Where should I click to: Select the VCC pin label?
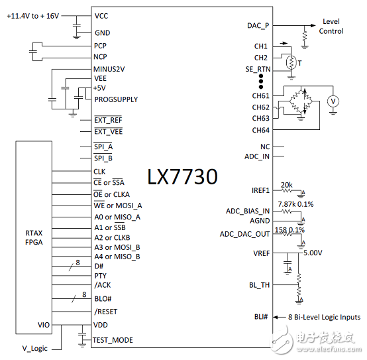(x=102, y=15)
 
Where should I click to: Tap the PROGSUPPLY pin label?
(x=116, y=99)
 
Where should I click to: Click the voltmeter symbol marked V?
(x=334, y=101)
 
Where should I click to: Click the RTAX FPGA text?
(x=34, y=237)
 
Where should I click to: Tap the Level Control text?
(x=331, y=26)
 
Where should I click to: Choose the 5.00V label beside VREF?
(x=312, y=253)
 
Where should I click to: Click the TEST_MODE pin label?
(x=113, y=340)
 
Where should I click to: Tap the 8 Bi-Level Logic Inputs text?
(x=323, y=318)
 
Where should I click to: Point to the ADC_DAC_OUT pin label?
(x=244, y=234)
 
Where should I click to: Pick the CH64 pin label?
(x=260, y=130)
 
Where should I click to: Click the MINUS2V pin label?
(x=109, y=69)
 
